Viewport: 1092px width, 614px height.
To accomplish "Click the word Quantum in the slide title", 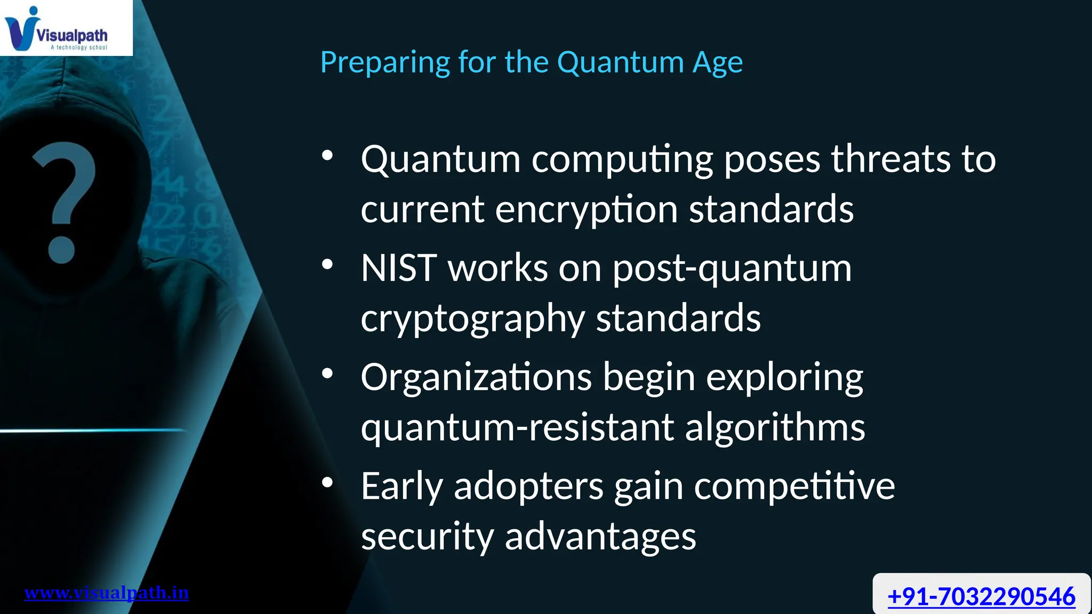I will point(620,62).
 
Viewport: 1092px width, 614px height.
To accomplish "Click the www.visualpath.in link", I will point(107,593).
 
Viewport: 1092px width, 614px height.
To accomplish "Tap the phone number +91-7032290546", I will point(981,596).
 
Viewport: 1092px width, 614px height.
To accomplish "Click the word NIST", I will point(399,268).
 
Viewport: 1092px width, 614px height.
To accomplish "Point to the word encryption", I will point(586,210).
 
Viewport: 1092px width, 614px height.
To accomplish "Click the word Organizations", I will point(476,377).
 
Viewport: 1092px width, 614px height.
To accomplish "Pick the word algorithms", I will point(775,427).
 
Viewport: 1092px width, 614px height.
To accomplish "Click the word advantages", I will point(600,536).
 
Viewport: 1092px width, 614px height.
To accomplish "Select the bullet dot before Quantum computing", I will point(327,156).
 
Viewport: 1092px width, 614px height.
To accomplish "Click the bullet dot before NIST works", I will point(327,264).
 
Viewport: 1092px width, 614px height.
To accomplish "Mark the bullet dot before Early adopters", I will point(327,483).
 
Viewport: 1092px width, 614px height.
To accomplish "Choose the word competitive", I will point(794,487).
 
